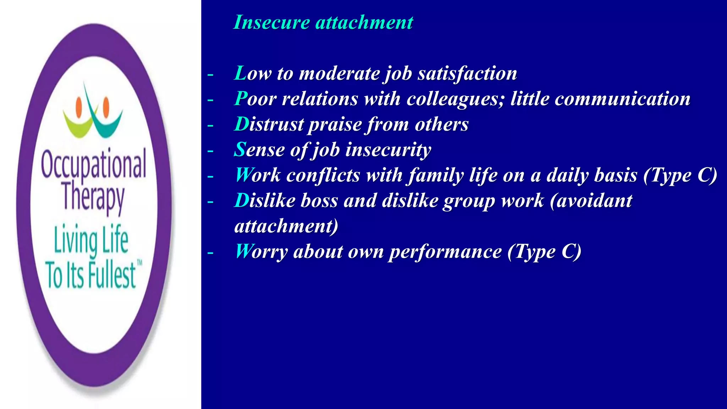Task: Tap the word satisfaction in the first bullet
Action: [467, 73]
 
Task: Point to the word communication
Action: [623, 99]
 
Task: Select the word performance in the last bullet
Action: [445, 252]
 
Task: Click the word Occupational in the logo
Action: [93, 164]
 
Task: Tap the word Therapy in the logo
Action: [93, 197]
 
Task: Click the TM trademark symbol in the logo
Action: [140, 263]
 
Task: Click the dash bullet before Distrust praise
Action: [211, 125]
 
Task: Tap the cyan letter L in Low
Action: [240, 73]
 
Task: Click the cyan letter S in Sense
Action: [240, 150]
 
